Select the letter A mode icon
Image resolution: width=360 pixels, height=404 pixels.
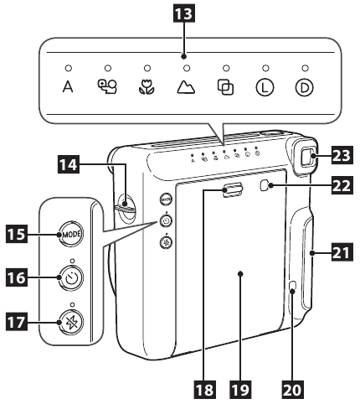(69, 86)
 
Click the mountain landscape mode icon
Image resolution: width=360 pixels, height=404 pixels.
(187, 86)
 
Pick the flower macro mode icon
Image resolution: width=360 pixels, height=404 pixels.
(147, 86)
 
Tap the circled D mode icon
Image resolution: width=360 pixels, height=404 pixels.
(305, 86)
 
